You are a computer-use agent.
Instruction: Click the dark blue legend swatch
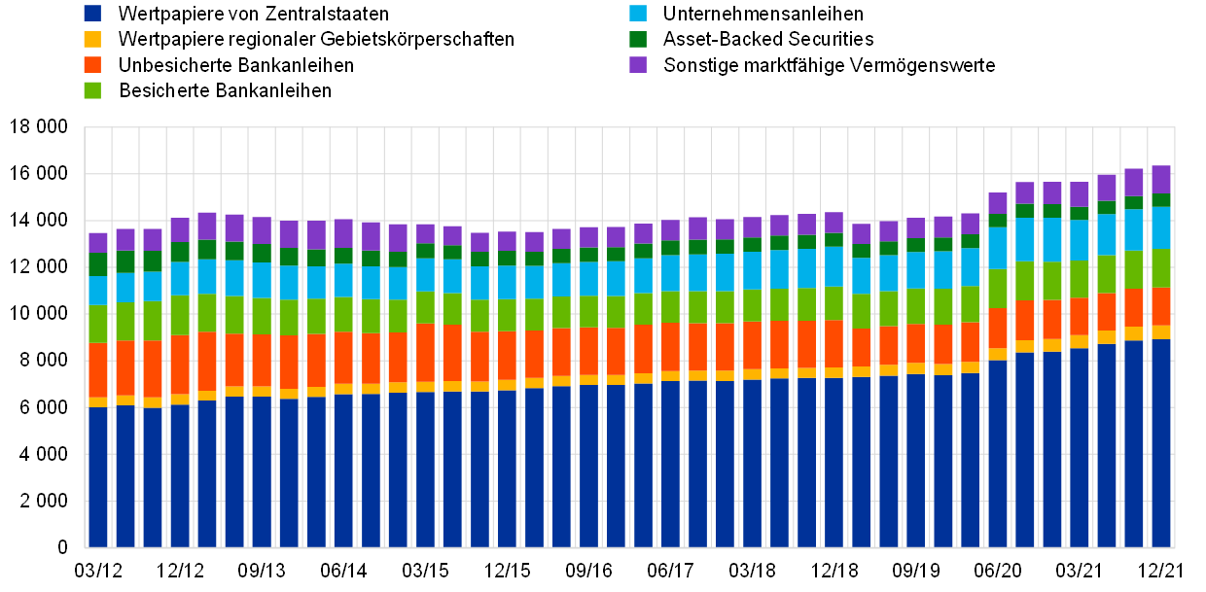click(x=92, y=14)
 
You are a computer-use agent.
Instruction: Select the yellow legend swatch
click(x=92, y=39)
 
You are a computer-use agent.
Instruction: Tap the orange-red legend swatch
click(x=92, y=64)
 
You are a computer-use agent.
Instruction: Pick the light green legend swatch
click(x=92, y=90)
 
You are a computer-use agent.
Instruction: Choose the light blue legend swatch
click(x=638, y=14)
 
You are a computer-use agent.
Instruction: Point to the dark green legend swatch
click(x=638, y=39)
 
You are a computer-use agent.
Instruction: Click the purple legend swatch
click(x=638, y=64)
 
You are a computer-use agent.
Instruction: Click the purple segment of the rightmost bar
click(x=1161, y=179)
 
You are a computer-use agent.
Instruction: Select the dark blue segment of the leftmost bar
click(x=98, y=476)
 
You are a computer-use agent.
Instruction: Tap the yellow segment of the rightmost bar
click(x=1161, y=332)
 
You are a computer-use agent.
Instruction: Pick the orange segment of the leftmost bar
click(x=98, y=370)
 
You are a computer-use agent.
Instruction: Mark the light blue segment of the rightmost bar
click(x=1161, y=227)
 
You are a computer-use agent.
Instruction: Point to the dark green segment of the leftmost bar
click(x=98, y=264)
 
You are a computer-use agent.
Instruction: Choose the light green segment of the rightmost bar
click(x=1161, y=268)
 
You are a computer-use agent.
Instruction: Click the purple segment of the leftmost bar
click(x=98, y=242)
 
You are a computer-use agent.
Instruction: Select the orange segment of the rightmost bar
click(x=1161, y=306)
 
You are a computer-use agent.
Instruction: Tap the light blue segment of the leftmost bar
click(x=98, y=291)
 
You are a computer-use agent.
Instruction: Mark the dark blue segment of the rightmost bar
click(x=1161, y=443)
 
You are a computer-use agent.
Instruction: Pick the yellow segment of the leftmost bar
click(x=98, y=402)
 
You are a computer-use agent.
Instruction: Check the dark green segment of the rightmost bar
click(x=1161, y=200)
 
